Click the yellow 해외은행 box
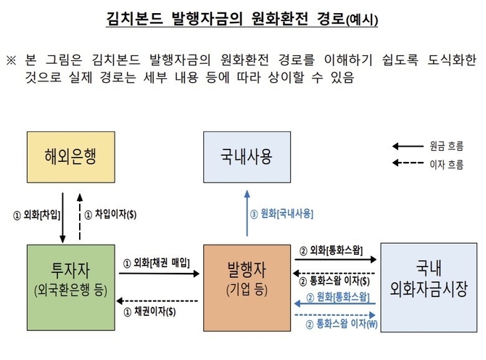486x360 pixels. pos(70,157)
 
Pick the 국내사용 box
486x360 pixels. pos(247,157)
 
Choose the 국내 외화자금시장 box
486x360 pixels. pos(429,287)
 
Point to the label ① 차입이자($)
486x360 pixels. pos(111,215)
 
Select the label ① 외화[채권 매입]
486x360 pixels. pos(157,262)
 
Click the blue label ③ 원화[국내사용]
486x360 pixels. pos(282,214)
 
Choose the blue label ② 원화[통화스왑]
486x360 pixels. pos(338,297)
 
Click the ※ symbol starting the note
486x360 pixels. pos(11,58)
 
